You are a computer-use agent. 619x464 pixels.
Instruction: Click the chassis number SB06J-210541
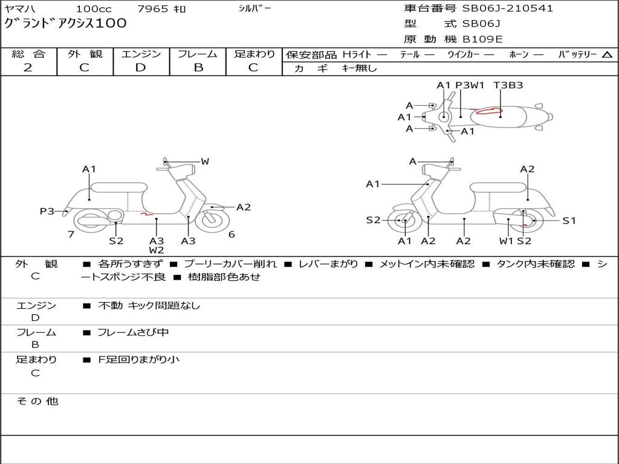click(x=507, y=8)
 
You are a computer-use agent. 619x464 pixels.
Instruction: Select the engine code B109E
click(x=482, y=39)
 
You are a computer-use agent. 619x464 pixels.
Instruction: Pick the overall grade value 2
click(x=28, y=68)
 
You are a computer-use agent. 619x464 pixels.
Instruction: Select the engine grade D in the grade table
click(x=140, y=68)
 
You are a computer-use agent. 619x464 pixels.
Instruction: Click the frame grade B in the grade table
click(x=198, y=68)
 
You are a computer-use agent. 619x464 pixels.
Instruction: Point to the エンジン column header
click(x=141, y=54)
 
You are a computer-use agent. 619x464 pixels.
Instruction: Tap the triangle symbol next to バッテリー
click(x=607, y=55)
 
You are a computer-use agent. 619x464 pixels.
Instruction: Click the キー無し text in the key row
click(x=359, y=68)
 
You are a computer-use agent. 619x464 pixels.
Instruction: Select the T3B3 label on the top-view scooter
click(x=508, y=85)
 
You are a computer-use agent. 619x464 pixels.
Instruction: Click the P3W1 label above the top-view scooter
click(x=470, y=85)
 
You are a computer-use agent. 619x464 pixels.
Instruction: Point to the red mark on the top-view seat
click(x=488, y=111)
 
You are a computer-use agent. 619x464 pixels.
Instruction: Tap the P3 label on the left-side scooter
click(x=47, y=211)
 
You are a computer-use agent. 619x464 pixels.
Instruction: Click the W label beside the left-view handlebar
click(x=205, y=161)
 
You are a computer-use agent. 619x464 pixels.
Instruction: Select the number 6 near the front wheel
click(x=232, y=234)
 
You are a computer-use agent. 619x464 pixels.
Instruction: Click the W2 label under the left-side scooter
click(x=157, y=250)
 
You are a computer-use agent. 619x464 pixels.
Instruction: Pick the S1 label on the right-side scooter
click(x=569, y=221)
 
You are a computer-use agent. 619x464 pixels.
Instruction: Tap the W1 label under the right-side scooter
click(x=506, y=241)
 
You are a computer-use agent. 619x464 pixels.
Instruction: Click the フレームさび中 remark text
click(x=133, y=332)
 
